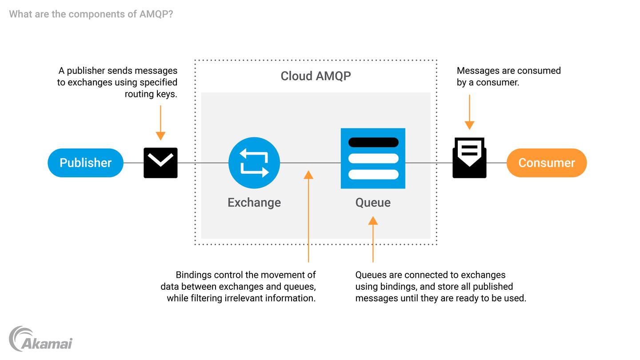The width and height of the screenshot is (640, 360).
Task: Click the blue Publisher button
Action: click(x=85, y=163)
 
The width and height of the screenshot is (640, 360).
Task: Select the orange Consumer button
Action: click(x=546, y=163)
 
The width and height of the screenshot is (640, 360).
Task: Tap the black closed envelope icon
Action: click(x=160, y=163)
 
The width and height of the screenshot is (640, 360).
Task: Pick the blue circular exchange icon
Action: click(x=254, y=163)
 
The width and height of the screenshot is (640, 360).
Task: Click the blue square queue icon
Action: click(x=373, y=158)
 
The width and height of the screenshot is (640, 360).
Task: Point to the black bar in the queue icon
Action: click(x=373, y=142)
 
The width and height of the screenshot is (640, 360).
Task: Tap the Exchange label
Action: click(x=254, y=203)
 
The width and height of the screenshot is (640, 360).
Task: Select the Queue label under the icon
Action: click(x=373, y=203)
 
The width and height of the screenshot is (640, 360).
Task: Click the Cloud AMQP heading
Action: click(x=316, y=76)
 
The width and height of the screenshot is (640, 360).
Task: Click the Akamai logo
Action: click(x=40, y=340)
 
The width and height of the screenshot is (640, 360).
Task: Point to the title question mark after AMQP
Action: click(x=171, y=14)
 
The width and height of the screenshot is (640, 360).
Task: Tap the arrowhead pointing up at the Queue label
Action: click(x=373, y=220)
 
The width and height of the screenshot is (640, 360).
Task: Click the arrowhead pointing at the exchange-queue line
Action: click(x=308, y=175)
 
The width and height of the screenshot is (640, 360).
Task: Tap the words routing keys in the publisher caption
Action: click(x=151, y=94)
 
